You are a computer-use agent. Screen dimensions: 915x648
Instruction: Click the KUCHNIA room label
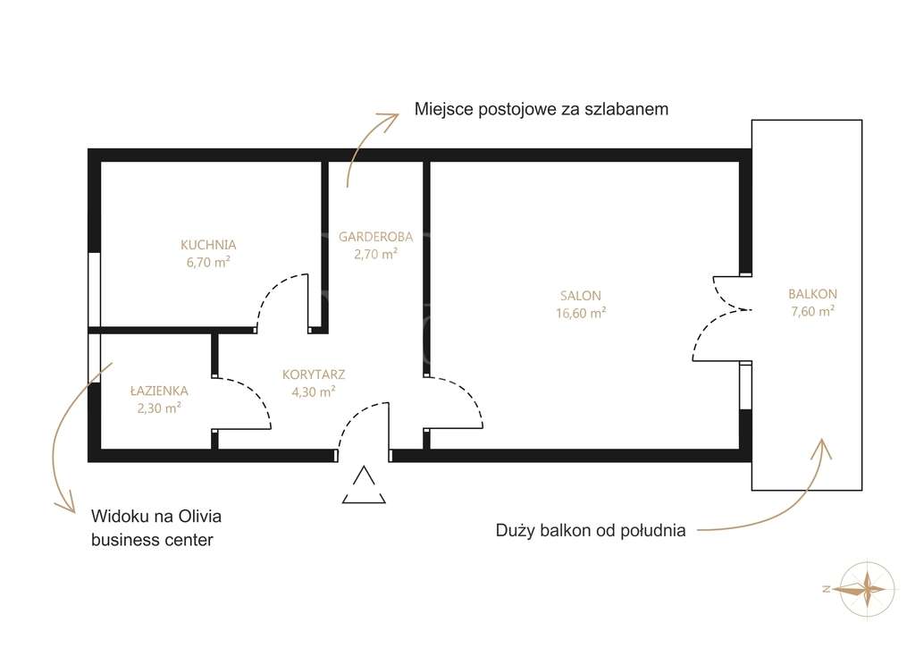(207, 244)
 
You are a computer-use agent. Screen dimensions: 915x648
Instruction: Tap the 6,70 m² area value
(207, 261)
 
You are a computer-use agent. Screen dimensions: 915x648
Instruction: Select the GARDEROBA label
(375, 237)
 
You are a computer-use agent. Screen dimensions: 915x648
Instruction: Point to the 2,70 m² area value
(375, 254)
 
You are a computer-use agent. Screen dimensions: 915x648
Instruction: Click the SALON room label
(581, 296)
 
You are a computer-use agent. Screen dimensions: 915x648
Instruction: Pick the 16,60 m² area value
(581, 313)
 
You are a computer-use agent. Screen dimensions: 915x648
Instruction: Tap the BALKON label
(812, 293)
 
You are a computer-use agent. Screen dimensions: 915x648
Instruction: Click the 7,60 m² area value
(812, 311)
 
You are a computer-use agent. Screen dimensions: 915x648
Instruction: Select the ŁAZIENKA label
(159, 390)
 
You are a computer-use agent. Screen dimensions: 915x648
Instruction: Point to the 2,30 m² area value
(159, 407)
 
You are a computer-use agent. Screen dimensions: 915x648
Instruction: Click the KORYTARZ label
(313, 374)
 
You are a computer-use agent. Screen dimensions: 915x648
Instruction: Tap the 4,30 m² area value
(313, 391)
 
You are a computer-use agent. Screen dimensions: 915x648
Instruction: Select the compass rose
(866, 587)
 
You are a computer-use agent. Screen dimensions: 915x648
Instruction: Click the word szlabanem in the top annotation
(627, 109)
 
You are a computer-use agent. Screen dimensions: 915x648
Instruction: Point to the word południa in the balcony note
(653, 530)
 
